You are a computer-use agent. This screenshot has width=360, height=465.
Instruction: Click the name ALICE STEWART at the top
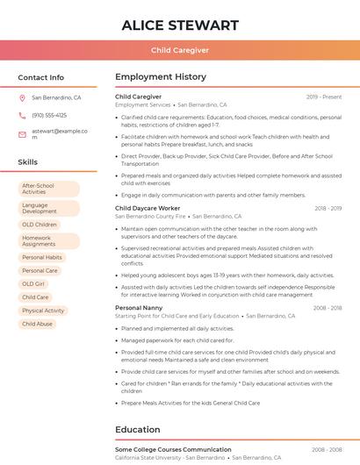tap(180, 25)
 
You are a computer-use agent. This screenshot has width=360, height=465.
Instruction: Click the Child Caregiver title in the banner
tap(180, 51)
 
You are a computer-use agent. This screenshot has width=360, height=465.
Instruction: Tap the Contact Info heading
tap(40, 77)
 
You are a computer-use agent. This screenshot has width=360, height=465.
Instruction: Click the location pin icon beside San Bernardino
tap(22, 97)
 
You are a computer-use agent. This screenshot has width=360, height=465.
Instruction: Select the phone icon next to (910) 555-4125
tap(22, 115)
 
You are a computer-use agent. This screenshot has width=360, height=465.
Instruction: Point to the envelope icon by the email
tap(22, 134)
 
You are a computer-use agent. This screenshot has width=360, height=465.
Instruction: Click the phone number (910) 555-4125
tap(49, 115)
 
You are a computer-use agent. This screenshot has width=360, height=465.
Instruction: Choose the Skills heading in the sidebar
tap(27, 162)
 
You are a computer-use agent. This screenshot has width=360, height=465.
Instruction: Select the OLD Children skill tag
tap(40, 225)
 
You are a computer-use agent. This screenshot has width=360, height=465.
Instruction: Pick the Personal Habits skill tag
tap(42, 258)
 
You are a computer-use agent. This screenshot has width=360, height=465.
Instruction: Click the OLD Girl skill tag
tap(33, 284)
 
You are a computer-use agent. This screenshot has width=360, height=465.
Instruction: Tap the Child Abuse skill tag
tap(37, 324)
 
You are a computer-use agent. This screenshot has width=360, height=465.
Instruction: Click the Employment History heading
tap(161, 77)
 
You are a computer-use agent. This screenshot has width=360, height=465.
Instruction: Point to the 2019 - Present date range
tap(324, 97)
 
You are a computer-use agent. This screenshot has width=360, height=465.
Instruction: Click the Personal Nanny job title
tap(139, 308)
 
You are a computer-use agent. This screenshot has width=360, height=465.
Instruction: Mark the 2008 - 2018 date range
tap(328, 308)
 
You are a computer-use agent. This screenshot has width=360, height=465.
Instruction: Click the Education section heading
tap(137, 430)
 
